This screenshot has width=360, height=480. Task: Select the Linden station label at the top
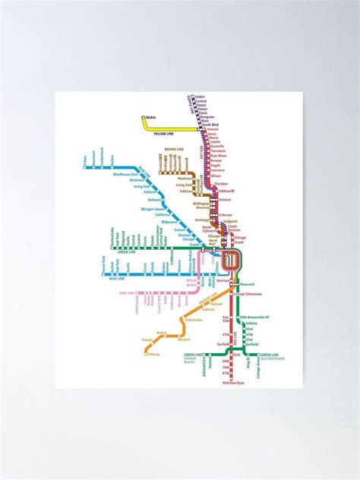point(201,96)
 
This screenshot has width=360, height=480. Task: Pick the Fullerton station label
point(225,215)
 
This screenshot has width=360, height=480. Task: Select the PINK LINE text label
point(128,292)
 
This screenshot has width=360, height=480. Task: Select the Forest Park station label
point(103,265)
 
